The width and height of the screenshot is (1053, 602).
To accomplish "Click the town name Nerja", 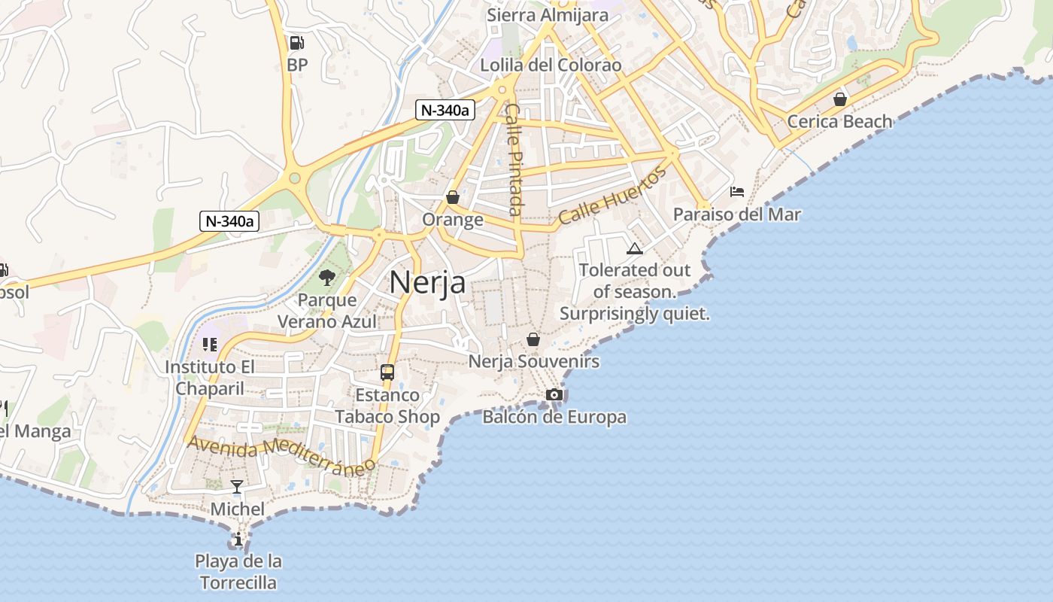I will click(427, 282).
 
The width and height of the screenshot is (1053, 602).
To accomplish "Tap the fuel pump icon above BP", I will click(297, 43).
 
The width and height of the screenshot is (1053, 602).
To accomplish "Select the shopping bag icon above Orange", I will click(453, 197).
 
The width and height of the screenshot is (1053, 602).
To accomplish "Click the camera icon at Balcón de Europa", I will click(554, 394).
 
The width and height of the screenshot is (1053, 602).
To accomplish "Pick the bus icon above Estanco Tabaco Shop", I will click(387, 372).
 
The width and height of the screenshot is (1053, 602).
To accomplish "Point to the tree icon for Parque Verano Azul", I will click(327, 278).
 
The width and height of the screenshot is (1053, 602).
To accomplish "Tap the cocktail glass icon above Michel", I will click(237, 486).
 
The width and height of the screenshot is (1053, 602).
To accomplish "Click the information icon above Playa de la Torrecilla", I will click(238, 539).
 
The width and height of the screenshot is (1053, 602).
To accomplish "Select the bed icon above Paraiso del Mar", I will click(737, 192).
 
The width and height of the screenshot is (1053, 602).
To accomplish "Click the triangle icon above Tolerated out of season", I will click(635, 249).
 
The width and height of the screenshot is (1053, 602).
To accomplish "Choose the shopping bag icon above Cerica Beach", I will click(840, 99).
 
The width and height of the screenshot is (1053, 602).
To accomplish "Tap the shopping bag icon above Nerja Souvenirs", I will click(533, 339).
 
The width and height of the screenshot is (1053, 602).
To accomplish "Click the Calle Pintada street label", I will click(514, 159).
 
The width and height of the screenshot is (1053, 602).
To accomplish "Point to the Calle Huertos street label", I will click(612, 196).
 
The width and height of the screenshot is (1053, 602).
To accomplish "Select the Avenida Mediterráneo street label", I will click(281, 455).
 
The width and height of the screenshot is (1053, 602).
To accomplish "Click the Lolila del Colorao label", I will click(551, 65).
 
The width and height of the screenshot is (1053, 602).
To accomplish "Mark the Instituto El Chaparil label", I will click(210, 378).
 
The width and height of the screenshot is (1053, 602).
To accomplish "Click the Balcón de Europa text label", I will click(554, 417).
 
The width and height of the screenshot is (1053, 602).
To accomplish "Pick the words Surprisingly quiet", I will click(635, 314).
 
